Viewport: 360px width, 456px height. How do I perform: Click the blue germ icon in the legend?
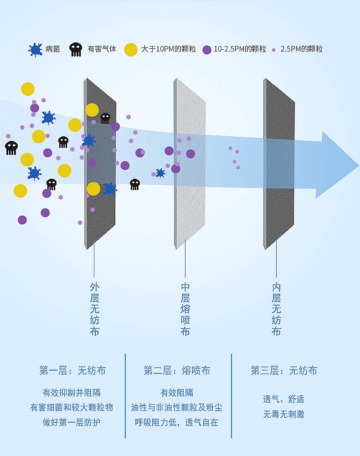pos(35,49)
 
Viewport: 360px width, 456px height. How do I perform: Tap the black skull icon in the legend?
pos(76,49)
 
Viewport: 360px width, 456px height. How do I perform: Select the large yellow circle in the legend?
pos(131,49)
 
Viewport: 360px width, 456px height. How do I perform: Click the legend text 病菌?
pos(52,49)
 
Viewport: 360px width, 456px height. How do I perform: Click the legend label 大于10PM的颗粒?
pos(168,49)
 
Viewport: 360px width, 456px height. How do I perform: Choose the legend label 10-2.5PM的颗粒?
pos(240,49)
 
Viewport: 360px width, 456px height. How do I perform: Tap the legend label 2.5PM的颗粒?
pos(301,49)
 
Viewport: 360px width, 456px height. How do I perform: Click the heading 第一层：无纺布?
pos(72,371)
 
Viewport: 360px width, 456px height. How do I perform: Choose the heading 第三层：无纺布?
pos(284,371)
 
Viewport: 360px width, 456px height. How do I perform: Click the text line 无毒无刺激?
pos(283,414)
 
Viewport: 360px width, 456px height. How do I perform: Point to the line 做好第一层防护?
pos(72,422)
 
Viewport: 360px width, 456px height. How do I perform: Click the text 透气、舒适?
pos(283,399)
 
